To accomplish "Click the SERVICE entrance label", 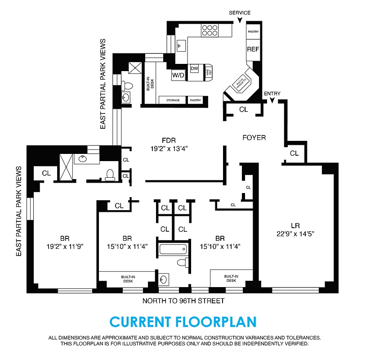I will coord(240,13).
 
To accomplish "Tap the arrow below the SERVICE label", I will coord(240,19).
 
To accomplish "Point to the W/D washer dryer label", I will coord(178,75).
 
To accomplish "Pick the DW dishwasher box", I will coord(194,68).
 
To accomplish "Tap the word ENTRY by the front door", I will coord(272,94).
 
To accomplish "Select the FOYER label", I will coord(254,138).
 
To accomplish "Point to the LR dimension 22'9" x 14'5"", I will coord(295,234).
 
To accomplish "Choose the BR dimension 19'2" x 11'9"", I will coord(65,246).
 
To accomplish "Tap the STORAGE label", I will coord(173,100).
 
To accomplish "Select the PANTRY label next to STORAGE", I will coord(195,100).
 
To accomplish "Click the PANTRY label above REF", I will coord(253,31).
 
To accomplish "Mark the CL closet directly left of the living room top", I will coord(294,153).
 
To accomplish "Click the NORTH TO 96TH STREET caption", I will coord(183,301).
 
